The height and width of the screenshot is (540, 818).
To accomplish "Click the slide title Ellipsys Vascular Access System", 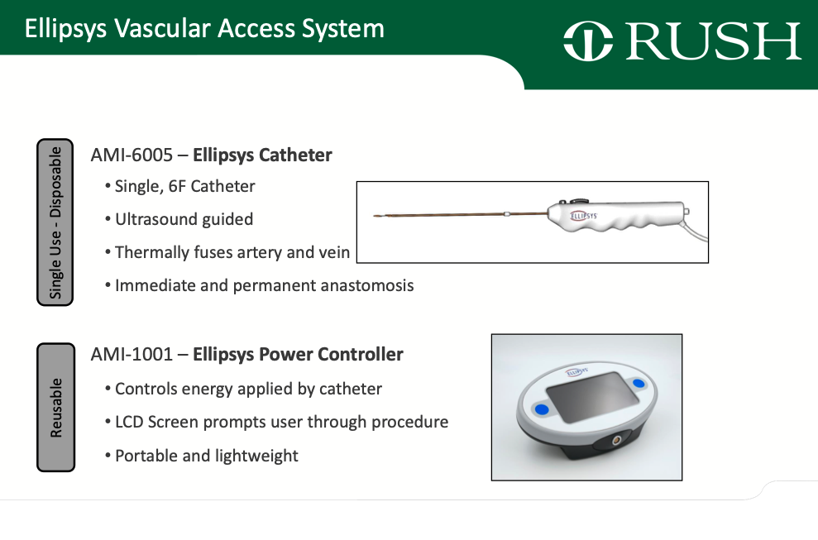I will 204,29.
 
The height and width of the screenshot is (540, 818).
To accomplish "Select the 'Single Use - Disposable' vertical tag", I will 55,222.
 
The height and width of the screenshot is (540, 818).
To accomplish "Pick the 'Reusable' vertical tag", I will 55,408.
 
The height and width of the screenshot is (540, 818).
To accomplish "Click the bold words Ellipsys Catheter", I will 262,155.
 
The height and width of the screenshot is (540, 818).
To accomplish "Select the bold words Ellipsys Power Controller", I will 298,355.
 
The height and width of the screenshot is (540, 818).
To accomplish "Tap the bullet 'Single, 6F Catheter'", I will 184,186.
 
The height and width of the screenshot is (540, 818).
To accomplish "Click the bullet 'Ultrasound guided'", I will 184,219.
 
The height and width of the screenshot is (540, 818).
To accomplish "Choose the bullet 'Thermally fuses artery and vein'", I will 232,252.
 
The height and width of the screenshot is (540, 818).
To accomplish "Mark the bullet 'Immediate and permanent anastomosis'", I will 264,285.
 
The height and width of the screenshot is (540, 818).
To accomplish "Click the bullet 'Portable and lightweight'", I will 206,456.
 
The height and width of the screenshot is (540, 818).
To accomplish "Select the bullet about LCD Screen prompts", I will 281,422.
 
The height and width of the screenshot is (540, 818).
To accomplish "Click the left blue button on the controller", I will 541,409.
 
